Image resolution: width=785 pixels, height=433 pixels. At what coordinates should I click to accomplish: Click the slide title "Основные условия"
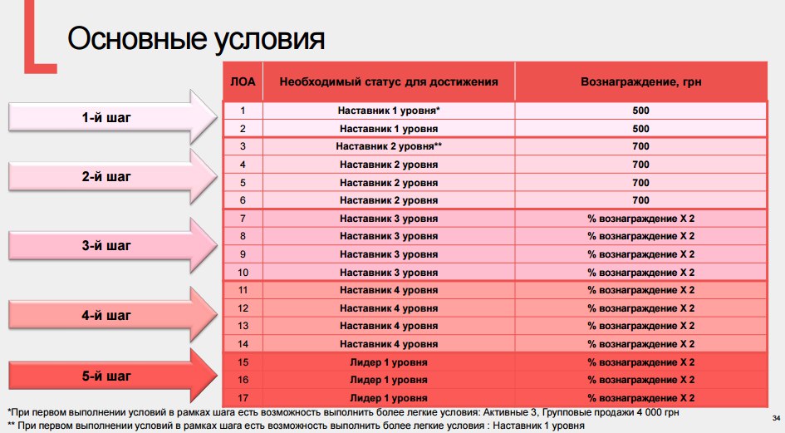point(196,38)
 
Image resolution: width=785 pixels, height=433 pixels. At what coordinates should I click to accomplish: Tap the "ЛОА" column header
point(243,81)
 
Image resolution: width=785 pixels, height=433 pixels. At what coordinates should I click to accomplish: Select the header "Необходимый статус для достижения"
point(389,81)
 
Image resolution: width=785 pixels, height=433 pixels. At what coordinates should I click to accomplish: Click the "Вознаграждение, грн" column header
point(640,81)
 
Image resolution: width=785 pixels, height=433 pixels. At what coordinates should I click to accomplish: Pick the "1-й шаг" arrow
point(113,117)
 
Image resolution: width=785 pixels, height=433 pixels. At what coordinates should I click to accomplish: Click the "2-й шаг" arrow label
point(106,176)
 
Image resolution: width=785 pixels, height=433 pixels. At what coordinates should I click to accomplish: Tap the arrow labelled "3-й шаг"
point(113,245)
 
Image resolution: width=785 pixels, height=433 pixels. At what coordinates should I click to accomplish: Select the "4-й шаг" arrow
point(113,315)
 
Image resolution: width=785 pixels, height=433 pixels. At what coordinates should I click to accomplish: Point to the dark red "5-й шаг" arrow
point(113,376)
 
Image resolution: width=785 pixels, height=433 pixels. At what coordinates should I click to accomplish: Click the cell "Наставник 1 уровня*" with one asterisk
point(389,111)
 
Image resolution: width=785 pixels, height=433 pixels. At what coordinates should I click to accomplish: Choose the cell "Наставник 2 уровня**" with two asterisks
point(389,146)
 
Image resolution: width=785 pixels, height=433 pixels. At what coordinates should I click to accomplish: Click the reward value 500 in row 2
point(640,128)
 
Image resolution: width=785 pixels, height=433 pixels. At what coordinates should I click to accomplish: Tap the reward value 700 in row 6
point(640,200)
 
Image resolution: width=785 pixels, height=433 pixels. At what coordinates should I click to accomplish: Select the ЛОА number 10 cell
point(243,272)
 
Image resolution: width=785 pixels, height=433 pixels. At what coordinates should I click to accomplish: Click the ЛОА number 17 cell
point(243,398)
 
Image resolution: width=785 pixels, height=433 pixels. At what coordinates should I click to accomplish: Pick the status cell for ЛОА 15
point(389,362)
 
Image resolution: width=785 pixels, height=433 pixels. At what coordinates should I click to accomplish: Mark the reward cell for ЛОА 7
point(640,219)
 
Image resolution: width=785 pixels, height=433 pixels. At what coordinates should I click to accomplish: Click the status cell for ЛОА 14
point(389,344)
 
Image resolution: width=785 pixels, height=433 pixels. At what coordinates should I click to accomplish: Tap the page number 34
point(776,418)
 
